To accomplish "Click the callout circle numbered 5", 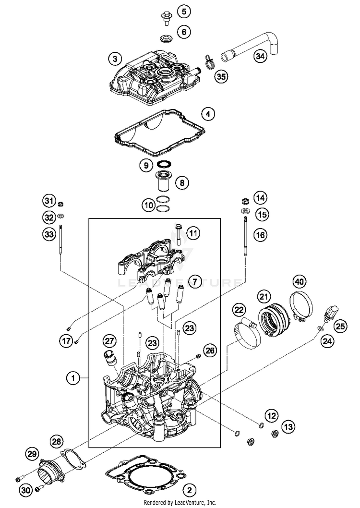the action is pyautogui.click(x=184, y=12).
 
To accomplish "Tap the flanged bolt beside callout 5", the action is pyautogui.click(x=167, y=18).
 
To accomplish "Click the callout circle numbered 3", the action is pyautogui.click(x=115, y=59).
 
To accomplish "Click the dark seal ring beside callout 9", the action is pyautogui.click(x=164, y=162).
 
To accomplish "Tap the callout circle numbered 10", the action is pyautogui.click(x=149, y=205).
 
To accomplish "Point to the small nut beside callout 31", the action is pyautogui.click(x=60, y=204).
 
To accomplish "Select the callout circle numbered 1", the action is pyautogui.click(x=73, y=378).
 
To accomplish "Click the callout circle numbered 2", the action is pyautogui.click(x=190, y=489).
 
